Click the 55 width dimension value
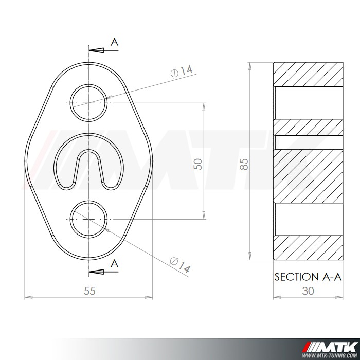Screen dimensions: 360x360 click(x=89, y=291)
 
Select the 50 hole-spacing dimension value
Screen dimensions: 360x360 click(x=198, y=164)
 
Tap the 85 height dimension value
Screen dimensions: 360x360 click(x=244, y=164)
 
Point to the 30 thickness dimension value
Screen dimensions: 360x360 click(x=308, y=291)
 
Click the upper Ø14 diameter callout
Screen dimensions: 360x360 click(x=182, y=71)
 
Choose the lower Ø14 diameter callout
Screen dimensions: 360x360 click(x=180, y=265)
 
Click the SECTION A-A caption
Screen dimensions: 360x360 click(x=308, y=277)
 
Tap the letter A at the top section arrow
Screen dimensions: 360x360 click(x=114, y=42)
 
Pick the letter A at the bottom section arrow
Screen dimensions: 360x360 click(x=114, y=264)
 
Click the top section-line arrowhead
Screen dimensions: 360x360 click(x=96, y=50)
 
